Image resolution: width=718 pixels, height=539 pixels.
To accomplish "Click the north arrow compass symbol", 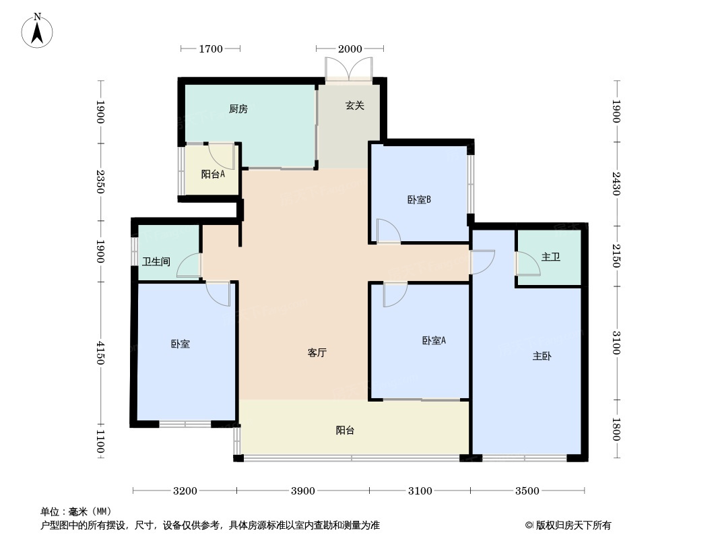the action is tap(37, 31).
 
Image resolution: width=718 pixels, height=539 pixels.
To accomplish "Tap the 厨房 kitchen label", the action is tap(238, 109).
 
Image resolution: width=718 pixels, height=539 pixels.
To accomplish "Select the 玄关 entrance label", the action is tap(354, 106).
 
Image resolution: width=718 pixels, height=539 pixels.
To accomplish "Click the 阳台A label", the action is tap(213, 174).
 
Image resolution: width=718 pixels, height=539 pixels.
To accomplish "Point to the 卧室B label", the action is tap(419, 199).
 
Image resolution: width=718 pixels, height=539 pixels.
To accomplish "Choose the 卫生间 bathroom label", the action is tap(156, 261).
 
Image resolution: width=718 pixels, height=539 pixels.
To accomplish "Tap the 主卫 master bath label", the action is tap(550, 257).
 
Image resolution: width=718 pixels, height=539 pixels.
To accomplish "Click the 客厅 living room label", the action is tap(317, 352).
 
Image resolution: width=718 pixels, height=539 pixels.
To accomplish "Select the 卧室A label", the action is tap(434, 341).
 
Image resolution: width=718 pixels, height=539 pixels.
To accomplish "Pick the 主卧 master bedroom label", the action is tap(542, 356).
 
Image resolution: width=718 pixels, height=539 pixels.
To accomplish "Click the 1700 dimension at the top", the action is tap(211, 49).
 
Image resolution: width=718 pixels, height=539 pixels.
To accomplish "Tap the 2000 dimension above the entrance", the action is tap(350, 49).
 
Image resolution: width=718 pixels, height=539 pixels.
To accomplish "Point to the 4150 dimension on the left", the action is tap(101, 352).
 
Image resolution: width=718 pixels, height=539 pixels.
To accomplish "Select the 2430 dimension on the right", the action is tap(616, 184).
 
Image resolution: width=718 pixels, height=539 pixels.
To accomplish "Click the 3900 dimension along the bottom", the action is tap(302, 491).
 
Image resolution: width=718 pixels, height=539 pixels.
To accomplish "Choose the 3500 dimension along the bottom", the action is tap(527, 491).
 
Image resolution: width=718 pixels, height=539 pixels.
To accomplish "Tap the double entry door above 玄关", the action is tap(349, 69).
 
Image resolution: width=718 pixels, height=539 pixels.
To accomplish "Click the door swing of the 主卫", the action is tap(529, 264).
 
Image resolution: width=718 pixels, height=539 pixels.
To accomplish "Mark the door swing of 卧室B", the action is tap(389, 231).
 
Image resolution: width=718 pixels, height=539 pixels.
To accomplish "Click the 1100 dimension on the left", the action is tap(101, 441).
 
